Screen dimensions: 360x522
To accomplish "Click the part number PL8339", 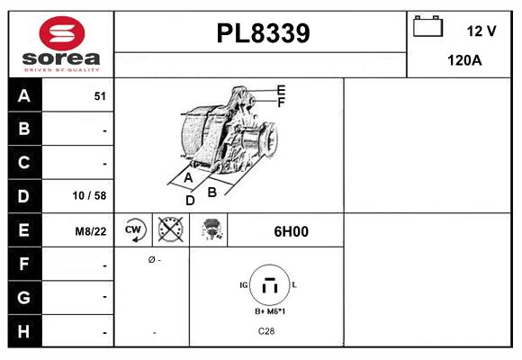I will pyautogui.click(x=263, y=34).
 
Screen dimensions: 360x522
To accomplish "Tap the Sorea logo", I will pyautogui.click(x=61, y=43).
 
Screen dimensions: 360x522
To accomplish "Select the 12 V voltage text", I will pyautogui.click(x=481, y=31).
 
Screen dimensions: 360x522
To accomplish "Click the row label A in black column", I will pyautogui.click(x=24, y=95).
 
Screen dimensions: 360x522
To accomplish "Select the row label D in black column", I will pyautogui.click(x=24, y=196).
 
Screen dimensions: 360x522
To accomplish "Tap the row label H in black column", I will pyautogui.click(x=24, y=331).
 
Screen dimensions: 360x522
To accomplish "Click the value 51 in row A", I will pyautogui.click(x=100, y=96).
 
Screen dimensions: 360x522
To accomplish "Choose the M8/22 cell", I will pyautogui.click(x=91, y=231).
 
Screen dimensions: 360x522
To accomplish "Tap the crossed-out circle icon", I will pyautogui.click(x=170, y=230).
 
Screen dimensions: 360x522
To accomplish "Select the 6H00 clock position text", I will pyautogui.click(x=291, y=231).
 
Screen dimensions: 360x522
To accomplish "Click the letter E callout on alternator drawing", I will pyautogui.click(x=282, y=90).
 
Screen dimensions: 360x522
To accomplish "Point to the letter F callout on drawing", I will pyautogui.click(x=282, y=103).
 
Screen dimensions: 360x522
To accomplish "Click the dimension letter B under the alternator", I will pyautogui.click(x=212, y=191).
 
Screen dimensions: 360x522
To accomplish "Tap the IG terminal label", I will pyautogui.click(x=244, y=284).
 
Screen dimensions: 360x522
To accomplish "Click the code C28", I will pyautogui.click(x=267, y=332).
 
